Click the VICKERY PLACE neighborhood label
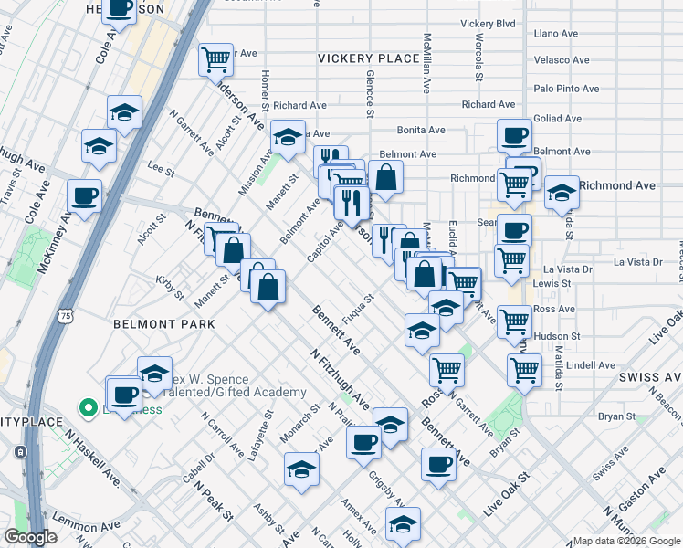[368, 58]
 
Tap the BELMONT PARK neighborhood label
[164, 324]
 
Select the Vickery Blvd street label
[489, 23]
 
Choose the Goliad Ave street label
[559, 119]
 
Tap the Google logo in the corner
[30, 537]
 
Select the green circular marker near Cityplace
[89, 408]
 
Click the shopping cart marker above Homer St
[215, 60]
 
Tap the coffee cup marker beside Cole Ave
[85, 195]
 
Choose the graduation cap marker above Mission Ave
[289, 138]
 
